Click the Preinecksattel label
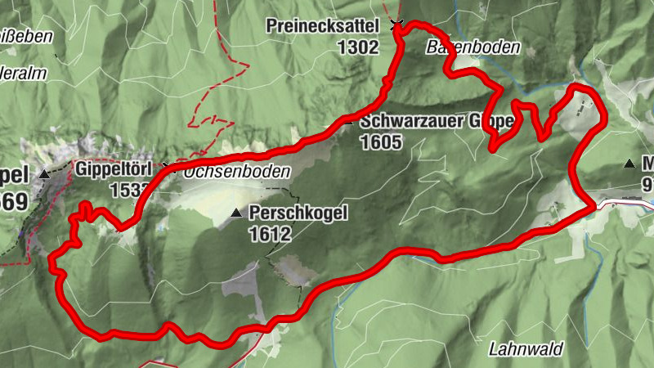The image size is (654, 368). tap(323, 26)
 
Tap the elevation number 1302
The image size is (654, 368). tap(357, 47)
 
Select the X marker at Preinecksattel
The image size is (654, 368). tap(397, 25)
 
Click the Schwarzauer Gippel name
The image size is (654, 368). tap(435, 122)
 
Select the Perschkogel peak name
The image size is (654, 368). tap(299, 213)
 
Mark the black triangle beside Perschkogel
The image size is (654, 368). tap(236, 213)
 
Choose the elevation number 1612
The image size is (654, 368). tap(271, 234)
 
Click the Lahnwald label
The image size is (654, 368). tap(526, 349)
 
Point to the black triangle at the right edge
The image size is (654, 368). tap(629, 164)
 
